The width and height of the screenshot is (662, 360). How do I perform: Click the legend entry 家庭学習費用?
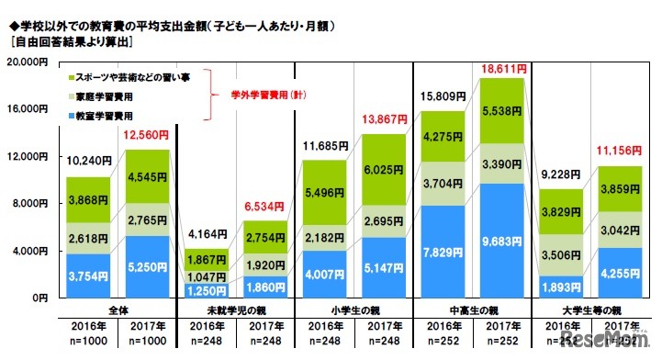pyautogui.click(x=108, y=96)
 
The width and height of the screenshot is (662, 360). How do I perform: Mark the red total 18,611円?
pyautogui.click(x=502, y=68)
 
